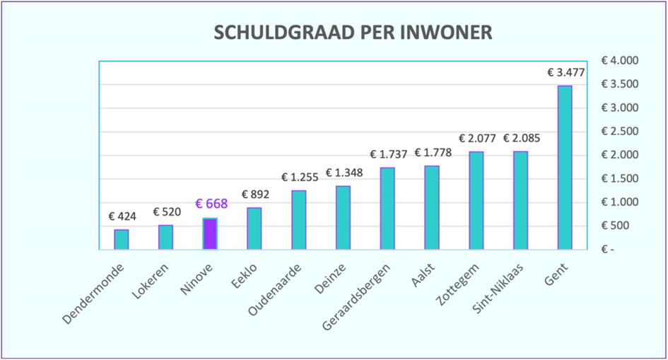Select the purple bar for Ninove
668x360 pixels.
210,233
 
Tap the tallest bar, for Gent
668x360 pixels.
565,168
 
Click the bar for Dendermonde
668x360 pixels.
122,239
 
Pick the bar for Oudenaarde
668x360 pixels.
298,219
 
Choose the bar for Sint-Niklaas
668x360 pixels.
520,200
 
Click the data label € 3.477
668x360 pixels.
566,72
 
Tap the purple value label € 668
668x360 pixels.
210,204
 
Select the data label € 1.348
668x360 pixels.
344,173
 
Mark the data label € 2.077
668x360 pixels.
477,138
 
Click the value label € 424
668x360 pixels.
122,216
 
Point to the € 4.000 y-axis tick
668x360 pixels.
619,61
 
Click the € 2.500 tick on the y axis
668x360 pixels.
619,132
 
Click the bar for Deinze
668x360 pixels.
343,217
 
